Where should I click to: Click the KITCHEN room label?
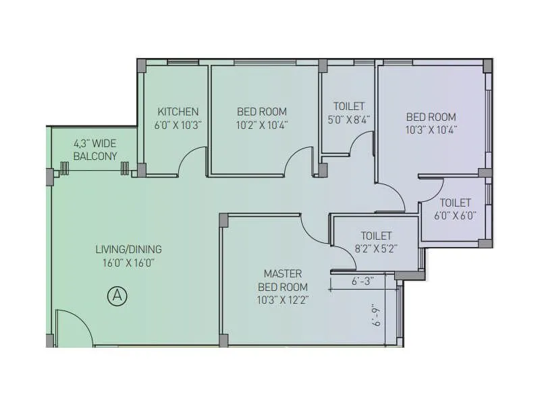[178, 111]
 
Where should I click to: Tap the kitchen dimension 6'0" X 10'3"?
[178, 125]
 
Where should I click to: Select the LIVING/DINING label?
[128, 248]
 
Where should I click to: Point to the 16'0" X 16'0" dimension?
[128, 263]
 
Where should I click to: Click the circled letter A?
[117, 295]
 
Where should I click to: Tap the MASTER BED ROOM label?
[282, 280]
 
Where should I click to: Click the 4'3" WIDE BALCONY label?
[95, 149]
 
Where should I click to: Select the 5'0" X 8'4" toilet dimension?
[348, 119]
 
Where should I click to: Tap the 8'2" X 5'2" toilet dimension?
[375, 248]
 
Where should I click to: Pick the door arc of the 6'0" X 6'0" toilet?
[430, 190]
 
